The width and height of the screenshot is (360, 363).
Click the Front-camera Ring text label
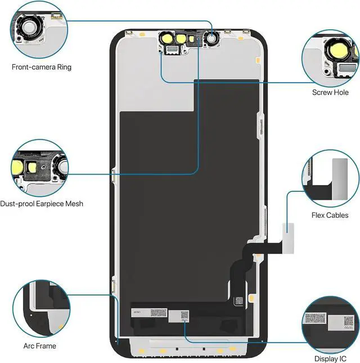[42, 68]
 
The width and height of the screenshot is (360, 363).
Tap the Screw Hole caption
[330, 92]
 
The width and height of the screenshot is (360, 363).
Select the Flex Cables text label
[330, 216]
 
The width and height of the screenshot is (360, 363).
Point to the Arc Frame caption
[40, 346]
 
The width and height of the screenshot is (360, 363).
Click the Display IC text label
[330, 358]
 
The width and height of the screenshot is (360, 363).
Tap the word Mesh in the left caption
[74, 204]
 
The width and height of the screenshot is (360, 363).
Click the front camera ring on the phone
[212, 38]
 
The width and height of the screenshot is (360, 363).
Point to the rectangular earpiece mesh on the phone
[170, 50]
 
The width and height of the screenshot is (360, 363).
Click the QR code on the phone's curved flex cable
[239, 300]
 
